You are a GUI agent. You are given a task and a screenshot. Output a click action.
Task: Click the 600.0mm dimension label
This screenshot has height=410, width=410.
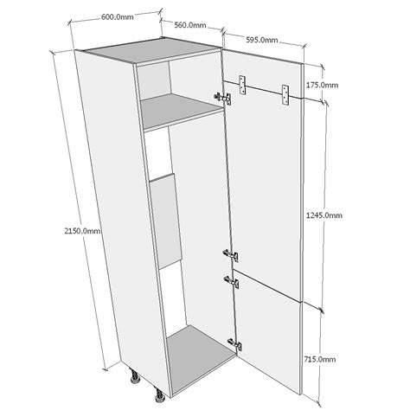click(118, 17)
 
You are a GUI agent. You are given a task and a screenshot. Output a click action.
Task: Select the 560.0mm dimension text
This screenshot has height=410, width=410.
click(190, 25)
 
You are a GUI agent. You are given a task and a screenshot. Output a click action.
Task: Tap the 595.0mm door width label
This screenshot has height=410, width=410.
click(262, 40)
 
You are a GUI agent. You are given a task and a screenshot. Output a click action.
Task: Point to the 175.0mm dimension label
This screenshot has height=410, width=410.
click(322, 85)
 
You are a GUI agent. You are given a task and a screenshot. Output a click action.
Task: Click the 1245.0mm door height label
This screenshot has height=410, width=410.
click(324, 215)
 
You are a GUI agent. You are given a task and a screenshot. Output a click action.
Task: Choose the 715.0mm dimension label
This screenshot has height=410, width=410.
click(320, 359)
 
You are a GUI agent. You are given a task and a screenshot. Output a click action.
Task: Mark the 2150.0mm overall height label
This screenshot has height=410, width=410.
click(83, 231)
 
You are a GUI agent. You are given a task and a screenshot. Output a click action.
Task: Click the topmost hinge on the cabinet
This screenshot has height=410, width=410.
click(222, 98)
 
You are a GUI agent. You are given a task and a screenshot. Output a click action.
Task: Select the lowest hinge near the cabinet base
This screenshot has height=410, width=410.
click(234, 344)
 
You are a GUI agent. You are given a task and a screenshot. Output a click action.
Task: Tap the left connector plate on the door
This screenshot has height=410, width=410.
click(242, 85)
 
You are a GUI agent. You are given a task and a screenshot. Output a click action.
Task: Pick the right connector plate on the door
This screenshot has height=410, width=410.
click(285, 95)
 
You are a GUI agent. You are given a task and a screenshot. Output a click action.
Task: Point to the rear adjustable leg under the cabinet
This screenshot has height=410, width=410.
click(135, 376)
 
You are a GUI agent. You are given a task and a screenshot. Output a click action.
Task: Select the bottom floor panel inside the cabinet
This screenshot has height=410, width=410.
click(201, 360)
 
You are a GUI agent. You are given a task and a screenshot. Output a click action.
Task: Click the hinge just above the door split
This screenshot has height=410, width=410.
click(231, 255)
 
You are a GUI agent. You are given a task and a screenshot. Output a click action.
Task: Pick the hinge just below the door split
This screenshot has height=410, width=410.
click(231, 282)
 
